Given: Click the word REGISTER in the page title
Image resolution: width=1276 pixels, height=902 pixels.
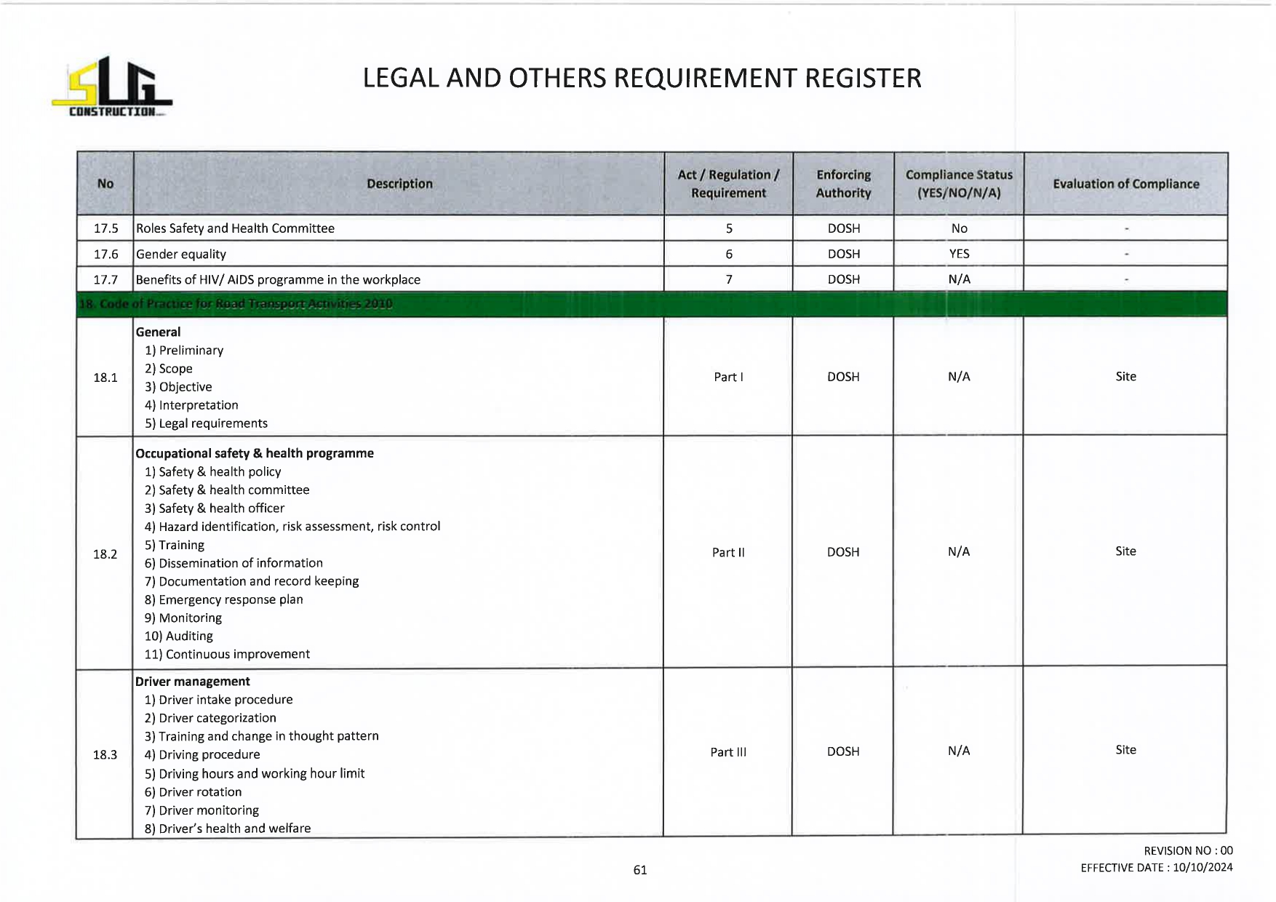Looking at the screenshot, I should click(863, 79).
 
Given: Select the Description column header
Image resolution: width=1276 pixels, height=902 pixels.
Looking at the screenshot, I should click(399, 184).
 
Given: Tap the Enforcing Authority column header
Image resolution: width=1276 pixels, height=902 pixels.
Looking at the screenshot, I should click(843, 184).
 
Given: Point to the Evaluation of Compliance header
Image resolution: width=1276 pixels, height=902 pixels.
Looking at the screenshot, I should click(1125, 184).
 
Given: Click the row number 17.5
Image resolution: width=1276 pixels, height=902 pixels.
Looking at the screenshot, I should click(105, 228).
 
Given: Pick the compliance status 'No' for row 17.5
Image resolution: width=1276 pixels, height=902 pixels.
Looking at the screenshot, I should click(959, 228).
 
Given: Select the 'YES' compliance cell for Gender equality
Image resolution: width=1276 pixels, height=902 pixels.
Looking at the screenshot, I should click(959, 254).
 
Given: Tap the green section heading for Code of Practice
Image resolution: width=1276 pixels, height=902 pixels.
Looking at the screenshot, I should click(236, 304).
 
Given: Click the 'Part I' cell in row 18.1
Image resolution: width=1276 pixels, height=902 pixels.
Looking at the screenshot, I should click(728, 377).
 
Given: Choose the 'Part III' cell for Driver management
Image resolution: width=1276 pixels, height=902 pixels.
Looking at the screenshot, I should click(728, 752).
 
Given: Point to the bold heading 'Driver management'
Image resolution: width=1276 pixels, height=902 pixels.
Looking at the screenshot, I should click(193, 682).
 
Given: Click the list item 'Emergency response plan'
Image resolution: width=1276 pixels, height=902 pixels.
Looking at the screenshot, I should click(231, 599).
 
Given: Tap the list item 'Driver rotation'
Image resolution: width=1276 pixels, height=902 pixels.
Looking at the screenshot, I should click(200, 792).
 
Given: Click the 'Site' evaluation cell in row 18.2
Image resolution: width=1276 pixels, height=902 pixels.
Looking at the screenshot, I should click(1125, 551).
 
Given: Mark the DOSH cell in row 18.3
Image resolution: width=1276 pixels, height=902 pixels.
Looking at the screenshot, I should click(843, 751).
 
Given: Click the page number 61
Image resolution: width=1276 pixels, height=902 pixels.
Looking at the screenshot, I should click(640, 870).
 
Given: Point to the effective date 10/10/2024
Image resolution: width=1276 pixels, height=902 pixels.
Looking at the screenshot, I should click(1202, 867).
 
